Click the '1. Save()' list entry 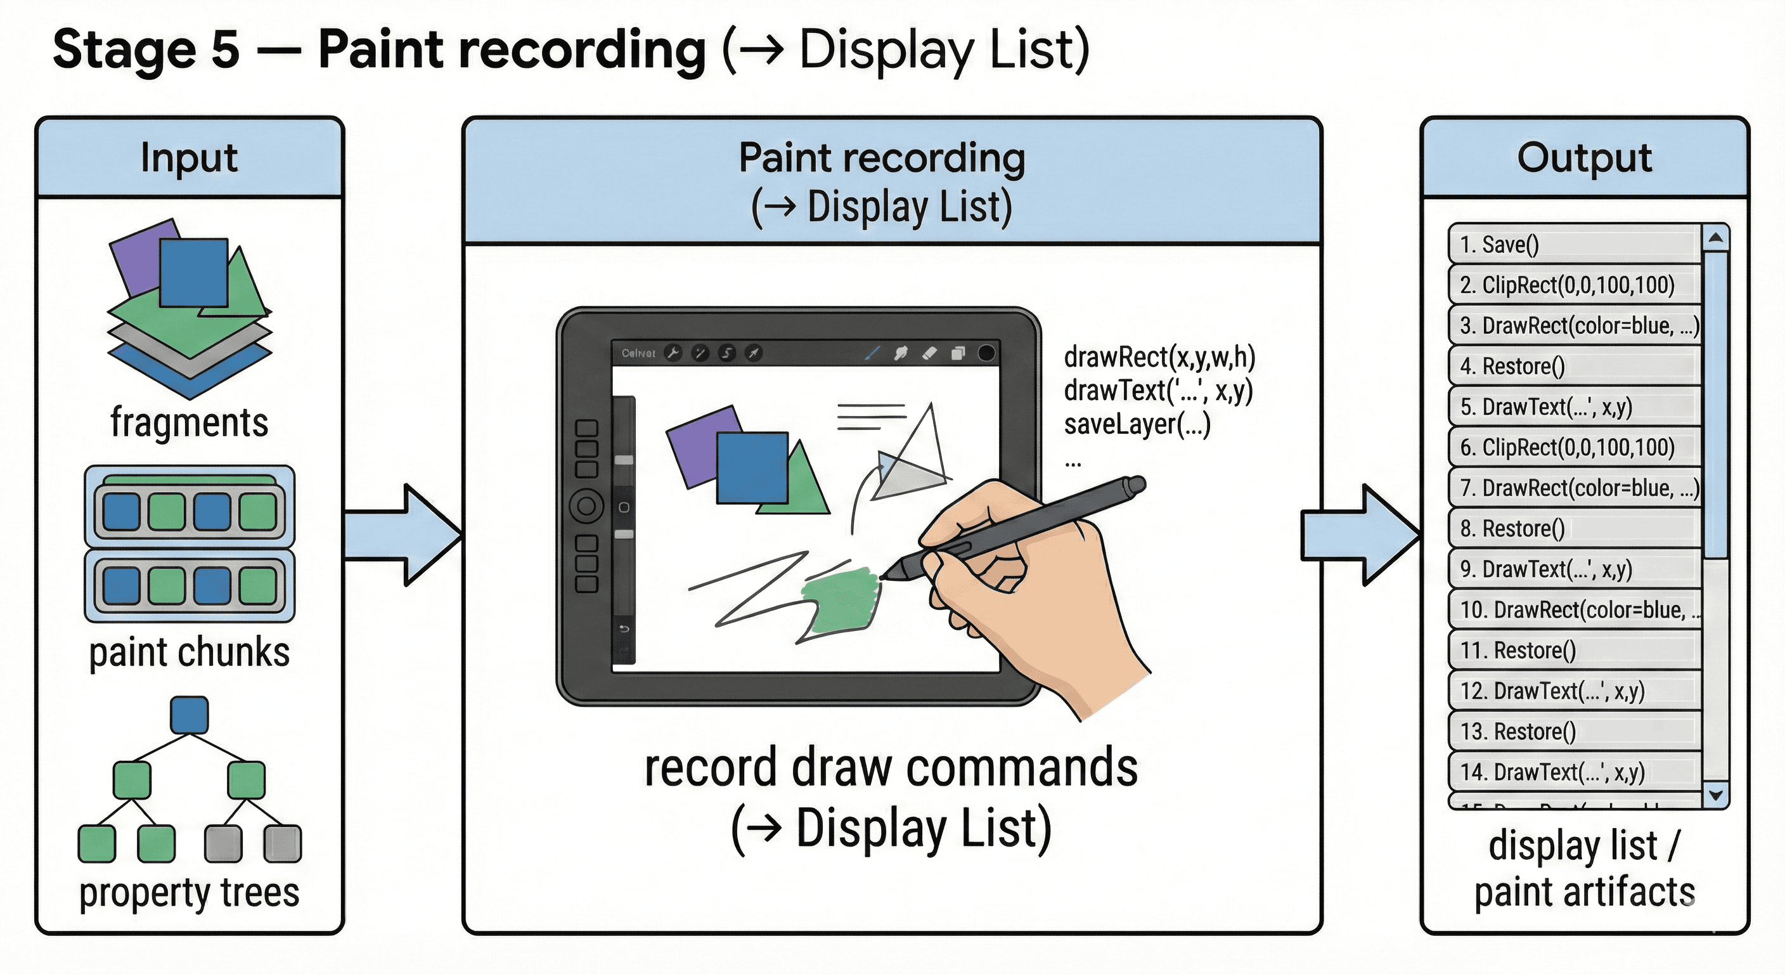pyautogui.click(x=1573, y=244)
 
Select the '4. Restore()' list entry pyautogui.click(x=1573, y=366)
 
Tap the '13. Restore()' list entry pyautogui.click(x=1573, y=731)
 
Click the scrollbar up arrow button pyautogui.click(x=1716, y=238)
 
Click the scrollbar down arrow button pyautogui.click(x=1716, y=795)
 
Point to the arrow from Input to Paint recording pyautogui.click(x=402, y=535)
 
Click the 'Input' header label pyautogui.click(x=188, y=157)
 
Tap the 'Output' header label pyautogui.click(x=1584, y=157)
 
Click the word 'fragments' pyautogui.click(x=189, y=422)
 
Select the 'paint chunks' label pyautogui.click(x=189, y=653)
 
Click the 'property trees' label pyautogui.click(x=189, y=892)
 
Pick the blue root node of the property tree pyautogui.click(x=189, y=715)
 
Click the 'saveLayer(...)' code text pyautogui.click(x=1137, y=424)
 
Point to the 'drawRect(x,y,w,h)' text pyautogui.click(x=1159, y=357)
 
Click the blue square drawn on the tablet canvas pyautogui.click(x=752, y=467)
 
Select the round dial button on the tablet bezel pyautogui.click(x=586, y=505)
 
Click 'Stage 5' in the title pyautogui.click(x=146, y=50)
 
